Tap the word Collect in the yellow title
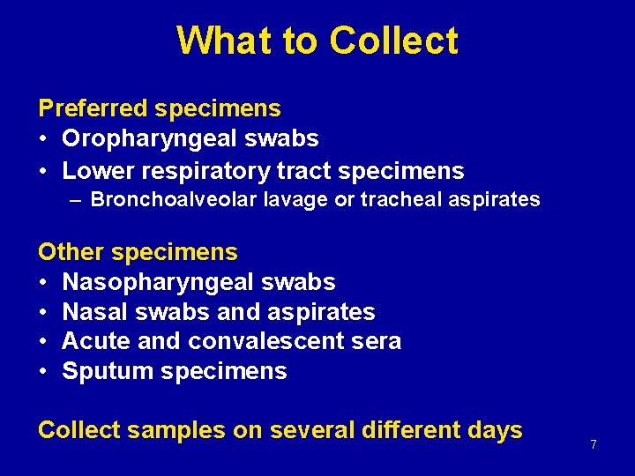pos(394,41)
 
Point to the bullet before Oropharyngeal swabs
pos(43,139)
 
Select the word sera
pos(374,341)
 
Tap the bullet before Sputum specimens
pos(43,371)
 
